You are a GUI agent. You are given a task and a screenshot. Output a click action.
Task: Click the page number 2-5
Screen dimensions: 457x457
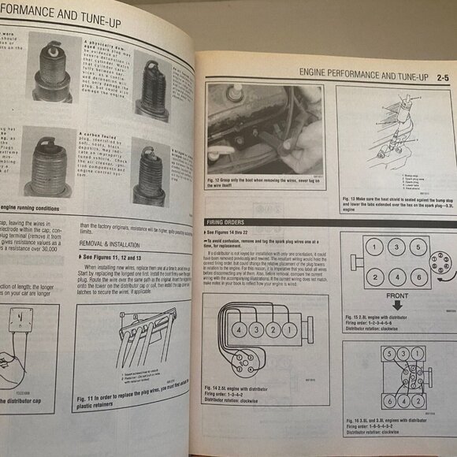tap(440, 76)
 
